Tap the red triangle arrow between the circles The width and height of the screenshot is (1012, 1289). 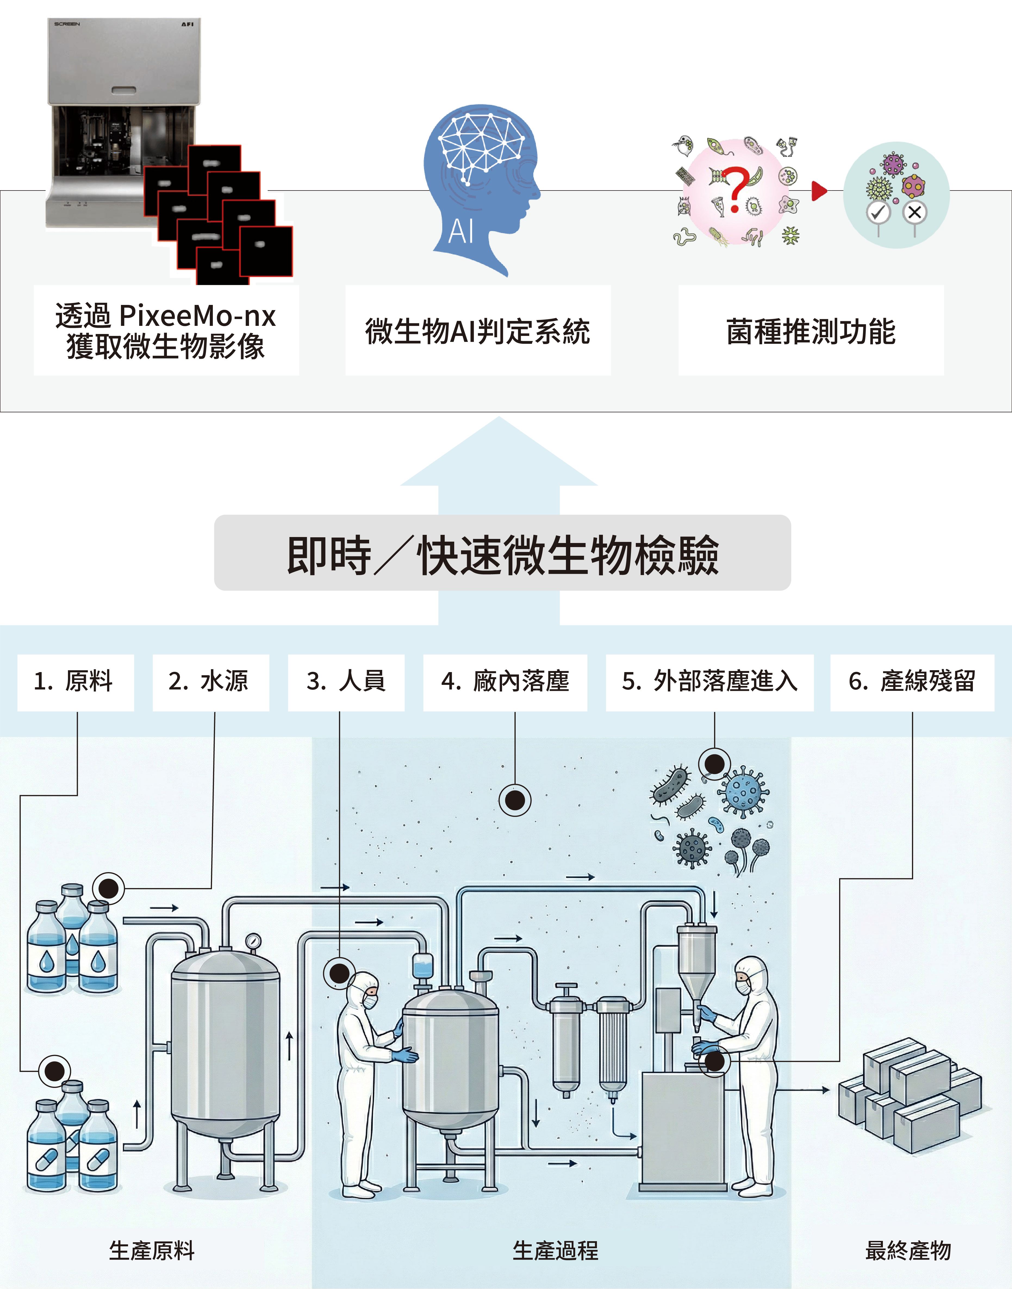[819, 191]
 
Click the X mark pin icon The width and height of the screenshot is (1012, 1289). [915, 212]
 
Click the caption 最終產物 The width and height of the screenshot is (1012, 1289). [908, 1250]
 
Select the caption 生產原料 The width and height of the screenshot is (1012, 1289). [152, 1250]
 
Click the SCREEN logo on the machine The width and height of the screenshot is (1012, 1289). [67, 24]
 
